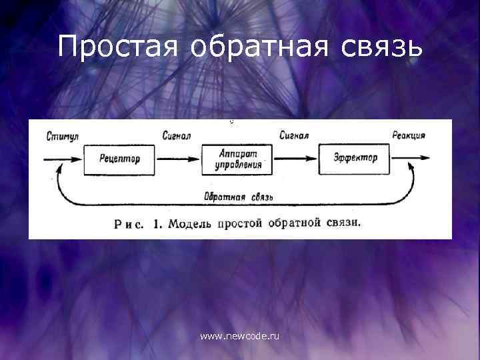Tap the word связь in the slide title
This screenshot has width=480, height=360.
[380, 47]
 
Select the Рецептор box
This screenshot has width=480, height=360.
[119, 159]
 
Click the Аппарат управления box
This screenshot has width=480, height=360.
[237, 159]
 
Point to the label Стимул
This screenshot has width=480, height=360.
[63, 136]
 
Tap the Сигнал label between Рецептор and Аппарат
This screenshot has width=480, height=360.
[177, 136]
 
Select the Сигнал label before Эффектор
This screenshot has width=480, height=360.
[294, 136]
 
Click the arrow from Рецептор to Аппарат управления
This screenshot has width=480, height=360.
[179, 159]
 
